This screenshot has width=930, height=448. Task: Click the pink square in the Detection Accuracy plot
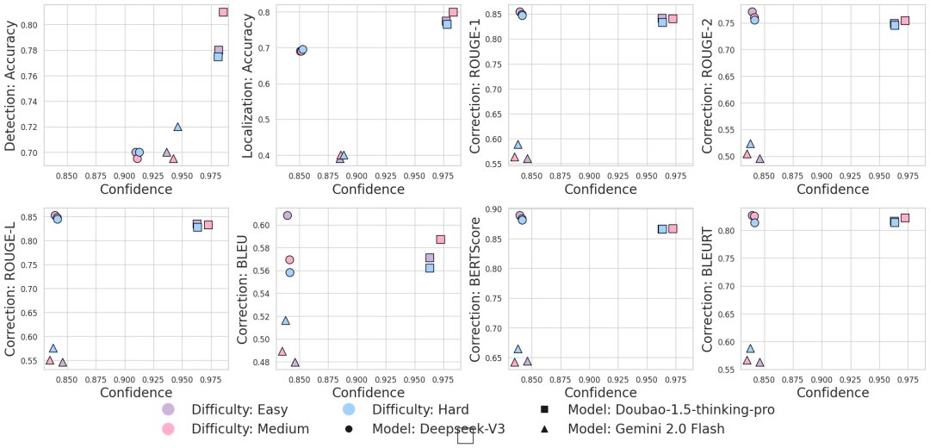pos(223,12)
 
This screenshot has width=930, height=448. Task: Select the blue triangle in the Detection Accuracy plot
pos(177,127)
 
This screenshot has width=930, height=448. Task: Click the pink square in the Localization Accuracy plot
pos(453,12)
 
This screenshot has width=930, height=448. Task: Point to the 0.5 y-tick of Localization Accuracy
pos(267,119)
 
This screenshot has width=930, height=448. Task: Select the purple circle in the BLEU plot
pos(287,215)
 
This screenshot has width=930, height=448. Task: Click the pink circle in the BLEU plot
pos(289,259)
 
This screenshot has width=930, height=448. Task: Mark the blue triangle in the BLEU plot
pos(285,320)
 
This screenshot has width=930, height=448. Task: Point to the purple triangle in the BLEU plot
pos(294,363)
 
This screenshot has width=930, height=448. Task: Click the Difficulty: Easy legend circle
pos(168,409)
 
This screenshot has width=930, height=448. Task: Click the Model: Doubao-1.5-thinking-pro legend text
pos(672,409)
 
